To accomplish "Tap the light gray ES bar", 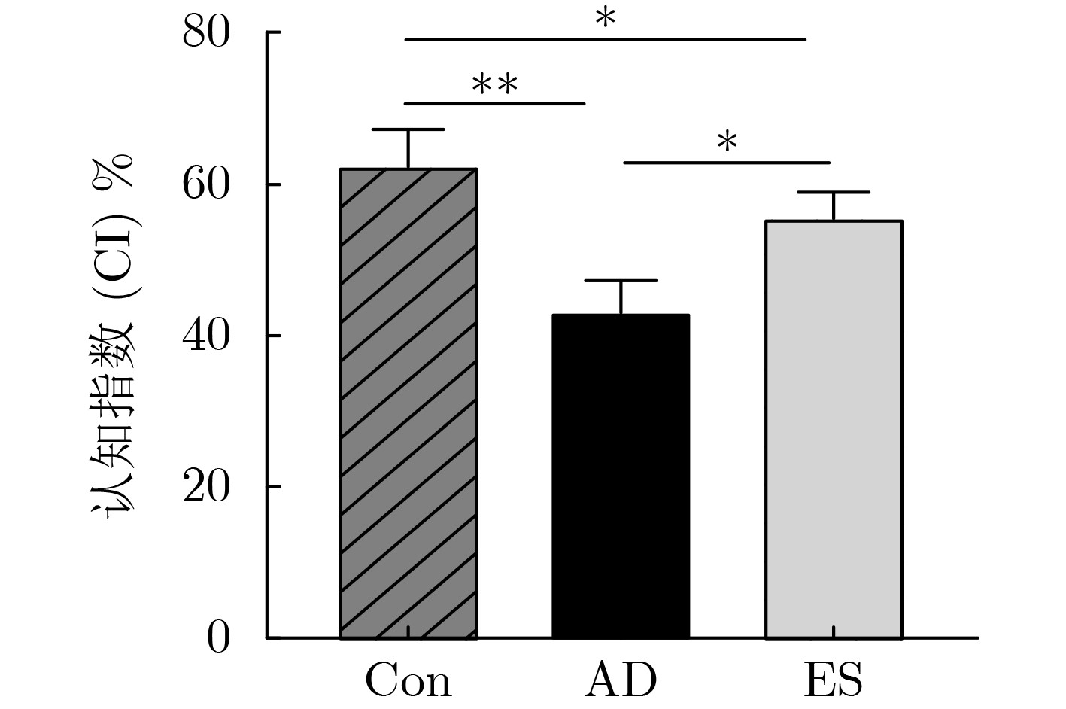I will point(834,429).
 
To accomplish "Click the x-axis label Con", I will point(408,681).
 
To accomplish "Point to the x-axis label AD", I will point(621,681).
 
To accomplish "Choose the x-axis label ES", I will point(833,681).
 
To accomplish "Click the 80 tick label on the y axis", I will point(205,33).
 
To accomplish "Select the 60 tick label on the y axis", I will point(205,184).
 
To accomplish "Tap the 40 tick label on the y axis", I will point(205,336).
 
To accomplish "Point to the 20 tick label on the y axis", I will point(205,488).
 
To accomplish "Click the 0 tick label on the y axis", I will point(217,638).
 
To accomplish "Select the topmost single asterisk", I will point(605,20).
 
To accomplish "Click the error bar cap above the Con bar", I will point(408,130).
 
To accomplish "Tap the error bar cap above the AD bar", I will point(621,281).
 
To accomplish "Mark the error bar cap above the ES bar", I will point(834,193).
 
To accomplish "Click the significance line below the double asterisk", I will point(494,103).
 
